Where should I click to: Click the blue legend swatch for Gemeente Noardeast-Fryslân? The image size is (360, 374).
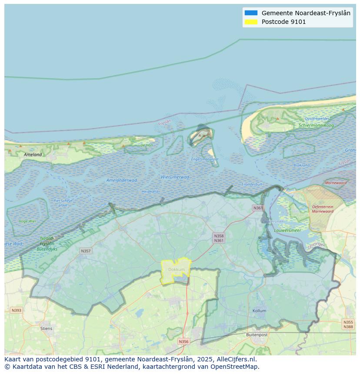251,13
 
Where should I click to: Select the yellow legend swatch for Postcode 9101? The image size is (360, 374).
251,22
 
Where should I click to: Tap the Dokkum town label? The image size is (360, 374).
177,270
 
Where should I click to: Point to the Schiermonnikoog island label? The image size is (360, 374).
316,126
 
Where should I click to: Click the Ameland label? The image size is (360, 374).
33,155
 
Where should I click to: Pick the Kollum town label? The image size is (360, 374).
259,311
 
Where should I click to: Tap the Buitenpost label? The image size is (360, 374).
257,335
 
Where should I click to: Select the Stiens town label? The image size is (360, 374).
46,328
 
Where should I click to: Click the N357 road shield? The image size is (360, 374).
86,251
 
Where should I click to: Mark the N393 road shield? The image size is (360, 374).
16,310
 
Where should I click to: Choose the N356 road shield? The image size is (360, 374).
183,341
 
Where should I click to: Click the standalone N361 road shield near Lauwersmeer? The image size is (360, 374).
258,208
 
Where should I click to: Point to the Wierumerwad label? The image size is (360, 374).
175,177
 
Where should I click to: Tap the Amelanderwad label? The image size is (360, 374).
122,180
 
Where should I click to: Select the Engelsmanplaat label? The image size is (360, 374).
205,159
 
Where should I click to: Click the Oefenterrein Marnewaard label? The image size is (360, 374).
322,209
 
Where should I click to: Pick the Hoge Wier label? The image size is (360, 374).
28,221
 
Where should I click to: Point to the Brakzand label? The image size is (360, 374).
301,165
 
